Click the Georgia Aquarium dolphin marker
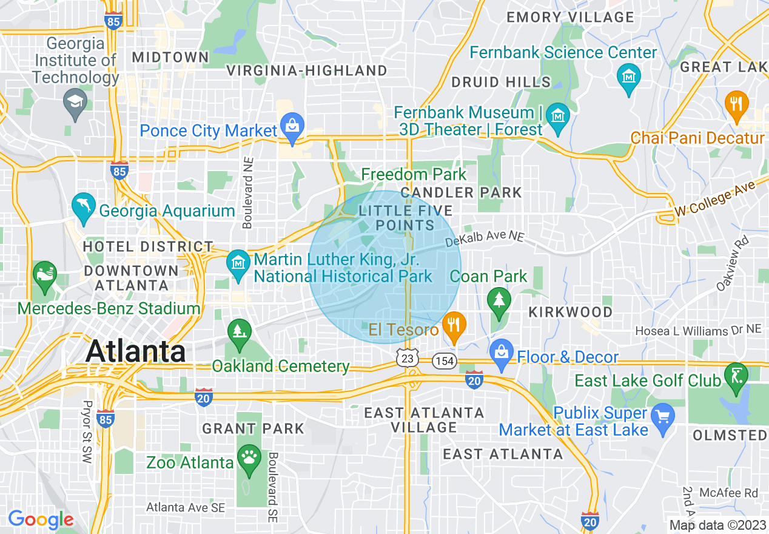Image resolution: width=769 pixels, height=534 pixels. [x=83, y=207]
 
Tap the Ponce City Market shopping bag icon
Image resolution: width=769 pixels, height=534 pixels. [x=292, y=127]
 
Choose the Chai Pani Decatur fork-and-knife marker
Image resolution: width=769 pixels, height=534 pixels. [x=736, y=105]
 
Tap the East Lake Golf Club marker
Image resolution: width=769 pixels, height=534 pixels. [x=736, y=377]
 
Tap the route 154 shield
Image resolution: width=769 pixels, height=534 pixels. [x=444, y=361]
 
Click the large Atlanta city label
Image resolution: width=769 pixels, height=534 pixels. [x=135, y=351]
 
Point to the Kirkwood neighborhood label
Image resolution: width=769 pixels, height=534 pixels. [x=570, y=312]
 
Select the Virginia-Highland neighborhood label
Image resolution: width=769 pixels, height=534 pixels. [x=306, y=71]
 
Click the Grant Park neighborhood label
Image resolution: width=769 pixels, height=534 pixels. [x=253, y=428]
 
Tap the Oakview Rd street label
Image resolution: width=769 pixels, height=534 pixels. [x=733, y=263]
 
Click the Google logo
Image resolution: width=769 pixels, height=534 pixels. [x=41, y=519]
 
